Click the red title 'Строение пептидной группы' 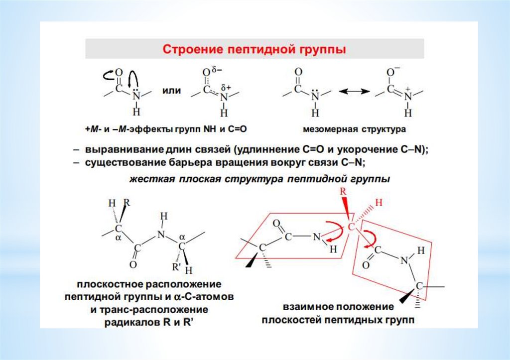[255, 49]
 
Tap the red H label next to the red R [378, 203]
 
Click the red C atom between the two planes [351, 227]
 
